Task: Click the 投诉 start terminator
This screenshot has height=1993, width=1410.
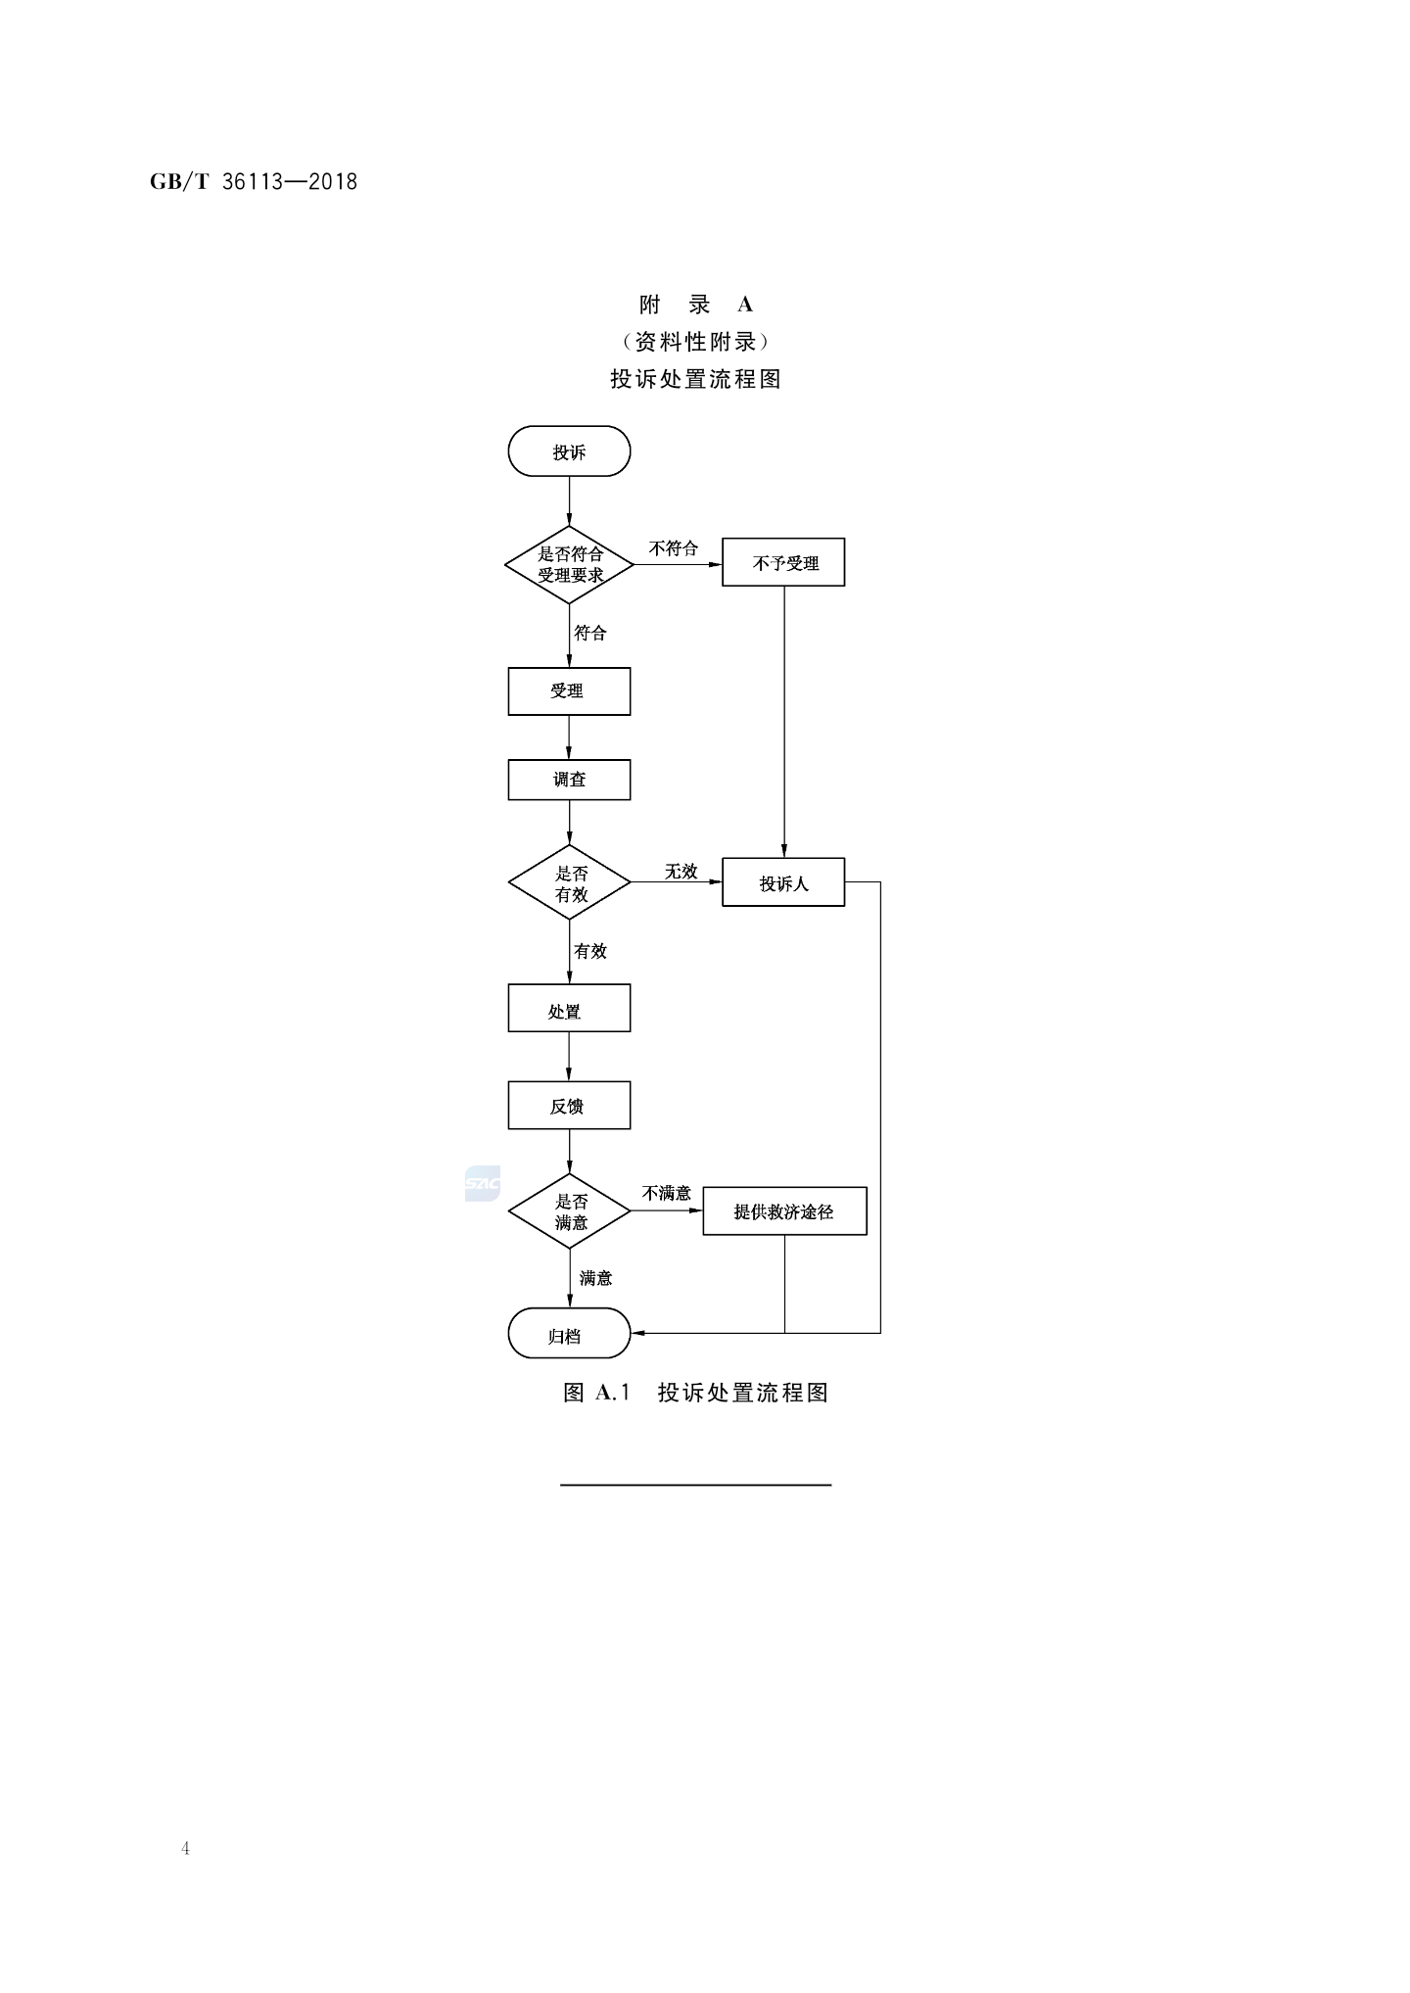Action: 569,451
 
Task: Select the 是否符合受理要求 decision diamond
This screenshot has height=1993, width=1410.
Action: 569,564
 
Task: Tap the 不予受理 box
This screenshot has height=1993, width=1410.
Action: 783,562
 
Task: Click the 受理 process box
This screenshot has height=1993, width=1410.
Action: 569,691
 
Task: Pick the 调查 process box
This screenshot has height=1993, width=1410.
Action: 569,780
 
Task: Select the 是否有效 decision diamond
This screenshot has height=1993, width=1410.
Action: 569,882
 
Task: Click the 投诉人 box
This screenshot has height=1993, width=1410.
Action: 783,882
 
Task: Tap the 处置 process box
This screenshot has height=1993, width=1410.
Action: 569,1009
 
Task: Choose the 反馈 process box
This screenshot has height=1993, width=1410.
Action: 569,1106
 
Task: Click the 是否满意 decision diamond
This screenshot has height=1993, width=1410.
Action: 569,1211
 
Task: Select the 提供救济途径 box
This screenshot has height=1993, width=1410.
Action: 784,1211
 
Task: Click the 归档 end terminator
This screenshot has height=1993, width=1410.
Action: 569,1334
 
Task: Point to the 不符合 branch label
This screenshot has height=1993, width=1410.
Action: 674,548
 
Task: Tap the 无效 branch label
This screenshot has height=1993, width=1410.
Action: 681,871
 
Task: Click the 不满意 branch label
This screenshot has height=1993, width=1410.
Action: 667,1193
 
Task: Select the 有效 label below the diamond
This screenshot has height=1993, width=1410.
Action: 590,951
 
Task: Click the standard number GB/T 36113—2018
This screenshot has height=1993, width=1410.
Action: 254,182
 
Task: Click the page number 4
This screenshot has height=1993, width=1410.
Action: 185,1849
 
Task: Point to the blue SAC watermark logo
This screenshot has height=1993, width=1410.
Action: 483,1184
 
